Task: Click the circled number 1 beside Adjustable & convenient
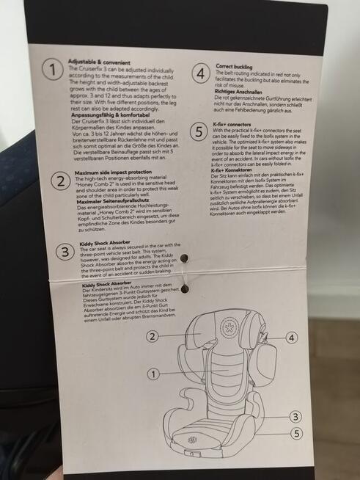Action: pos(51,70)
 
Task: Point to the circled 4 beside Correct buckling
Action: pos(200,75)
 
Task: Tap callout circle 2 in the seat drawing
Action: pos(152,337)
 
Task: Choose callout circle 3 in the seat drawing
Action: pos(295,416)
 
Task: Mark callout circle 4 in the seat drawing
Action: pos(291,338)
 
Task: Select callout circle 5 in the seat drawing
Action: pos(295,433)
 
